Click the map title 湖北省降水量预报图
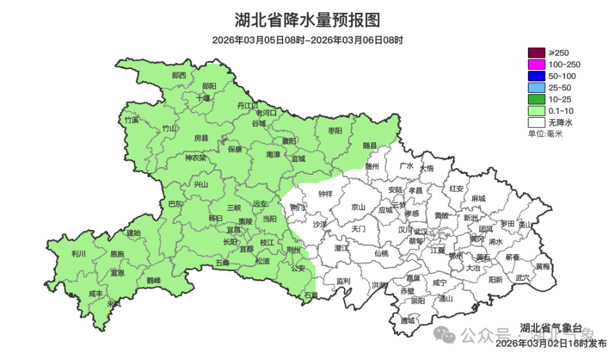[307, 20]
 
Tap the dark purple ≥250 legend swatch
[536, 53]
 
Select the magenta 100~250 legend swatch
[536, 64]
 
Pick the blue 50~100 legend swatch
[536, 76]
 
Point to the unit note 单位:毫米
[545, 133]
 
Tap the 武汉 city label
[421, 231]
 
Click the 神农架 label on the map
[195, 158]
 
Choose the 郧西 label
[179, 75]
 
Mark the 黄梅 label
[543, 266]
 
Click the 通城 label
[407, 320]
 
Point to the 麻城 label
[478, 199]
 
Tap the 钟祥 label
[325, 194]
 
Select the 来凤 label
[113, 303]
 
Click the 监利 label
[343, 281]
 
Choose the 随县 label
[370, 145]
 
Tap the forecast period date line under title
[307, 40]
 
